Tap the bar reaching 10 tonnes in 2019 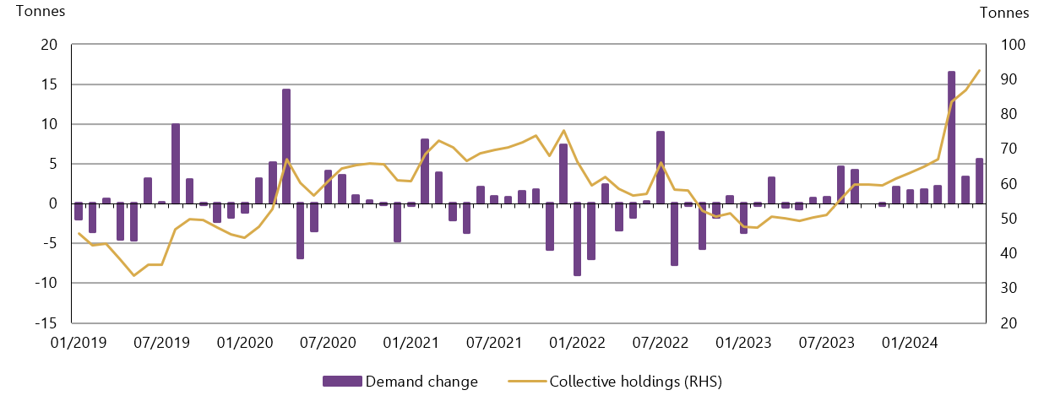[x=176, y=164]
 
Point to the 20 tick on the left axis [x=49, y=46]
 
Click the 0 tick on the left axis [x=52, y=203]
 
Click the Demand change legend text [x=421, y=382]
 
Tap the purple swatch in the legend [x=342, y=382]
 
